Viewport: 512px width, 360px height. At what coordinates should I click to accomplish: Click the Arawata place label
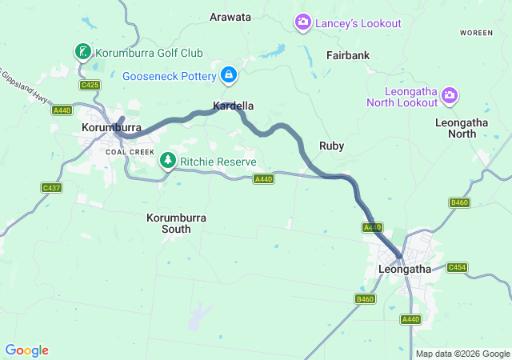(x=230, y=17)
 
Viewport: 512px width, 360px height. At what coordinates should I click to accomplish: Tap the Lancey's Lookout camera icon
(x=303, y=22)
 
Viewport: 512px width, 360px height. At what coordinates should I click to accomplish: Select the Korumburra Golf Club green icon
(x=82, y=53)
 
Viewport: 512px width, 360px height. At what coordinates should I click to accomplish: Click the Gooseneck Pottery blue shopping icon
(x=229, y=75)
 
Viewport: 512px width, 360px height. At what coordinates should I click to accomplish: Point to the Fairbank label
(x=347, y=55)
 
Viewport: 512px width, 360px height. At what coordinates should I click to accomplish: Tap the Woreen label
(x=476, y=33)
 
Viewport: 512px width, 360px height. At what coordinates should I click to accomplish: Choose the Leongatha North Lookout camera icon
(x=450, y=96)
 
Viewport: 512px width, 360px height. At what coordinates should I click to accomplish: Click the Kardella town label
(x=234, y=106)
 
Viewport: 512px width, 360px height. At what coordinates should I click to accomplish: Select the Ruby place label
(x=331, y=146)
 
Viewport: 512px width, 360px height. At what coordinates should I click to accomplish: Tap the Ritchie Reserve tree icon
(x=168, y=161)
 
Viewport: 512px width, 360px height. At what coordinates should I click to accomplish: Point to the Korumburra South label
(x=169, y=222)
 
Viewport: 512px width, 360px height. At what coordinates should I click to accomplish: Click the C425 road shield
(x=90, y=85)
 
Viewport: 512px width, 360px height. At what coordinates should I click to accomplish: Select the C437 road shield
(x=52, y=187)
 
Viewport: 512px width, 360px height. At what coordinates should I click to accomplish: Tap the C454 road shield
(x=457, y=267)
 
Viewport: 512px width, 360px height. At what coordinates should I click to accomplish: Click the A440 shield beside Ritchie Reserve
(x=264, y=179)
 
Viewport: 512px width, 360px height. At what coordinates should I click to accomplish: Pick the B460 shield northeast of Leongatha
(x=459, y=202)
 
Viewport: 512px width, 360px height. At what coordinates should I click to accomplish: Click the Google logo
(x=26, y=350)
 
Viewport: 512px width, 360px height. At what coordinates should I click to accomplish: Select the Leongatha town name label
(x=403, y=270)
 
